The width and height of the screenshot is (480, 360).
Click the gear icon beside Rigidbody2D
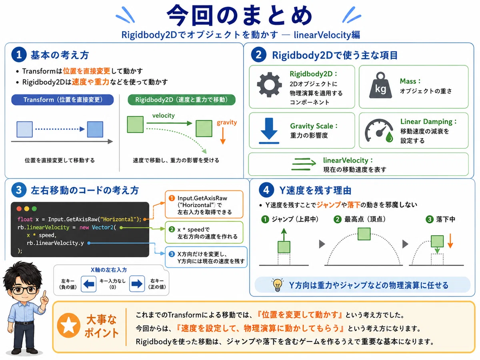tap(269, 84)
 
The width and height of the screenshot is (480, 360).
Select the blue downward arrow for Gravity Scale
tap(269, 130)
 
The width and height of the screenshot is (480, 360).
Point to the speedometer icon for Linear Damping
tap(379, 131)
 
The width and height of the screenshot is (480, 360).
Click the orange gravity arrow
tap(223, 136)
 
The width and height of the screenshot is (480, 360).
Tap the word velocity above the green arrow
tap(163, 116)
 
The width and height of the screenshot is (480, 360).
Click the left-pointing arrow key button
tap(88, 284)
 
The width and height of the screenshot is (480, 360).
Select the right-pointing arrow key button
tap(137, 284)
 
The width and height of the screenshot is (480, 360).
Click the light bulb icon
tap(277, 285)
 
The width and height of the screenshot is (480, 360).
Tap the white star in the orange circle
tap(68, 325)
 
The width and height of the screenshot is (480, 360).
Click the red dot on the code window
tap(19, 209)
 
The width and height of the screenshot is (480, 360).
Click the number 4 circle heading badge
tap(266, 190)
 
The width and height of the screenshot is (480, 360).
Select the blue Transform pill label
tap(62, 100)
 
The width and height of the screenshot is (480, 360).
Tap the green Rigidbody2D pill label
tap(182, 100)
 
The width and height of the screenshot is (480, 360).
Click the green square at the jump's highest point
tap(364, 234)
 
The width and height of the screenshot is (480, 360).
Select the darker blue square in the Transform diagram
tap(95, 129)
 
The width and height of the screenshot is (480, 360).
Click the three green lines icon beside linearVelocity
tap(304, 164)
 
